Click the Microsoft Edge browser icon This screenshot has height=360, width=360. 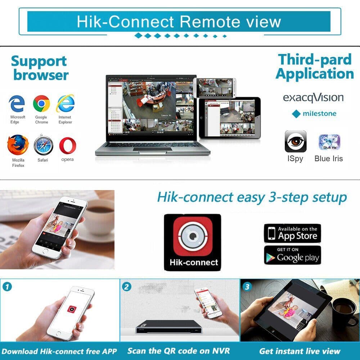click(x=17, y=104)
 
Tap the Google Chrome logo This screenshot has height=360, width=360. click(x=41, y=104)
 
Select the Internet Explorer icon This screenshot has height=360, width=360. click(x=65, y=104)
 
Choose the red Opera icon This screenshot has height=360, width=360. click(x=68, y=145)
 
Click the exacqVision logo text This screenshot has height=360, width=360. click(x=313, y=98)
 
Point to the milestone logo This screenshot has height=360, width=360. click(x=314, y=114)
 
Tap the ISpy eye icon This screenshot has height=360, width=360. click(x=296, y=141)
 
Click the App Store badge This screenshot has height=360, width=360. click(x=292, y=233)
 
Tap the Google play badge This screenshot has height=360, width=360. click(x=292, y=255)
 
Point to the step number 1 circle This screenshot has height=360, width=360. click(x=7, y=287)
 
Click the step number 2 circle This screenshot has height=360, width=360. click(x=127, y=287)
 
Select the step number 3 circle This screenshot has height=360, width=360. click(x=247, y=287)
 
